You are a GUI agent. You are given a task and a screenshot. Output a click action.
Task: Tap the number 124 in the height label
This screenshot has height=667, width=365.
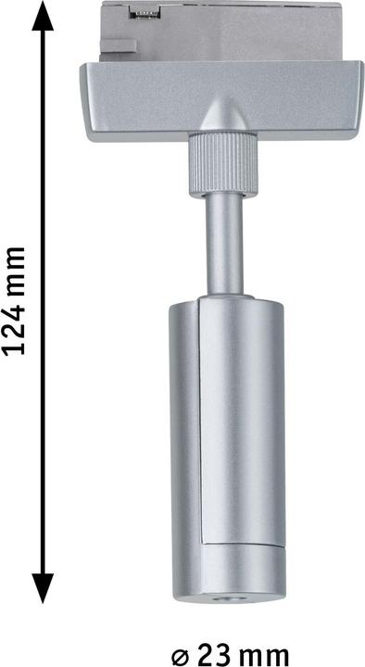point(14,328)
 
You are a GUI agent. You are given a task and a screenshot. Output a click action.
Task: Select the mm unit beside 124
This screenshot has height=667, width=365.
point(14,268)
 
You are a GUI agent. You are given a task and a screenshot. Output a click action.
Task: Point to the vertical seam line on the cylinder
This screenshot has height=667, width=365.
point(200,417)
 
